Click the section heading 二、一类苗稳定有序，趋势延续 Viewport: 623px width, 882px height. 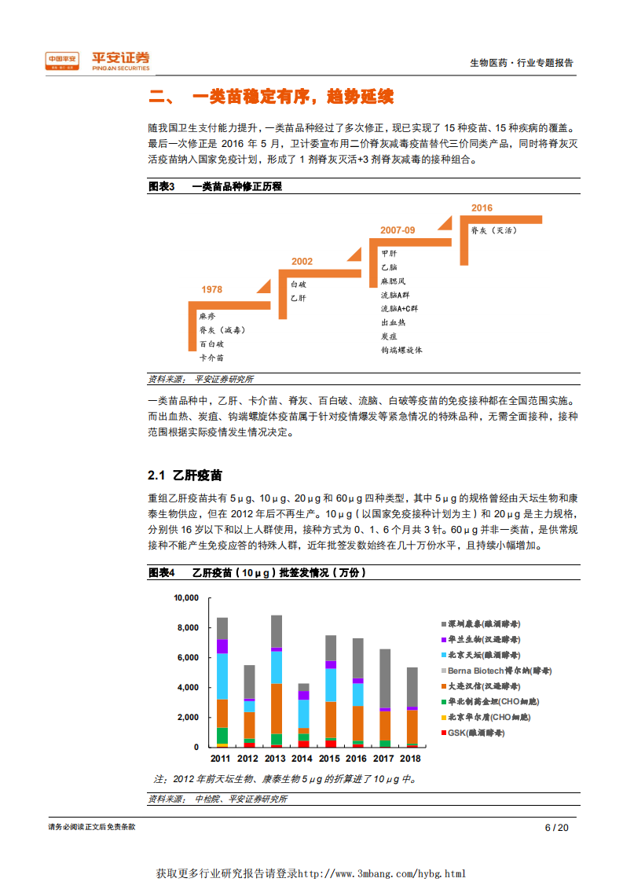(x=271, y=97)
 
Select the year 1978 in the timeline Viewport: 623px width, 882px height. (x=211, y=290)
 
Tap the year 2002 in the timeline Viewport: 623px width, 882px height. (x=302, y=262)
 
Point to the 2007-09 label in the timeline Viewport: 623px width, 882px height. (x=398, y=230)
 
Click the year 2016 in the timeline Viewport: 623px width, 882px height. (x=482, y=208)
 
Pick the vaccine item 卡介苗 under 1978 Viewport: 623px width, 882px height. (x=211, y=357)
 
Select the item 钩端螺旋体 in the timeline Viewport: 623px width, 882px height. (x=401, y=350)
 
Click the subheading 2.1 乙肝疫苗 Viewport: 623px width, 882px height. (x=185, y=476)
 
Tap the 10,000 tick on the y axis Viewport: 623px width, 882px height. (x=186, y=598)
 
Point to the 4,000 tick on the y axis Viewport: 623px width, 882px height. (x=189, y=688)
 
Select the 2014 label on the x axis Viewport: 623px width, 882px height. (x=302, y=759)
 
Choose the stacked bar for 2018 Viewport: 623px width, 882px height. (x=412, y=707)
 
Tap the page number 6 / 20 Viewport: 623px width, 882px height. (x=556, y=827)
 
